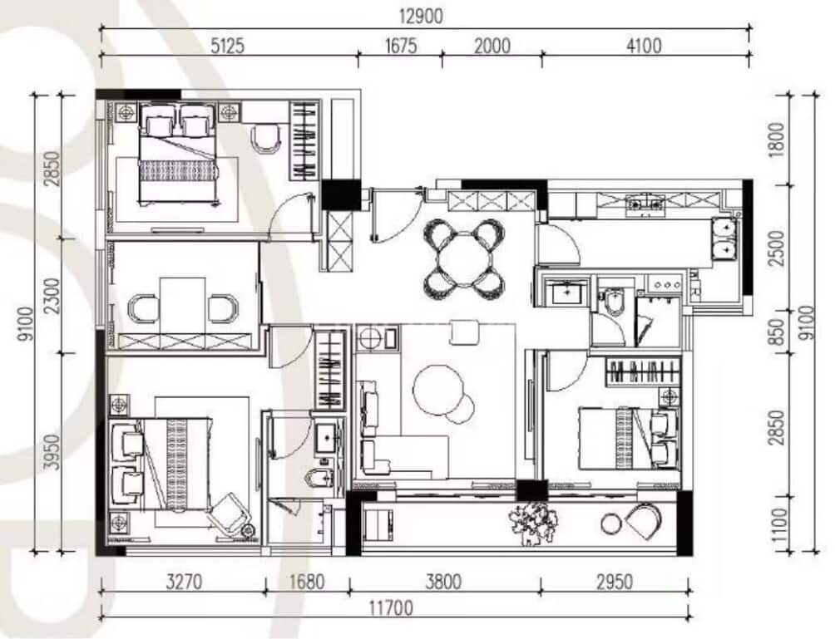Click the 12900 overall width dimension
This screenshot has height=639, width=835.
[421, 17]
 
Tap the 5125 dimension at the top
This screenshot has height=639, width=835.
[227, 46]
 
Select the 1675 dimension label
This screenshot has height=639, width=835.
[401, 46]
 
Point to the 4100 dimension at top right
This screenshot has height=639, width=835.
[644, 46]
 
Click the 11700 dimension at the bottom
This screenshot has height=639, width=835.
[391, 607]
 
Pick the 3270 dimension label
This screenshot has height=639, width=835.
[184, 582]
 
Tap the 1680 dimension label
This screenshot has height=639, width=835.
[307, 582]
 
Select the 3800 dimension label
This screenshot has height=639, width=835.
[443, 582]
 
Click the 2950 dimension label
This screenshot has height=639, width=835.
[615, 582]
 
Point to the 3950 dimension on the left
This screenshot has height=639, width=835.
[52, 452]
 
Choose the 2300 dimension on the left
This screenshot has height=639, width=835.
[52, 297]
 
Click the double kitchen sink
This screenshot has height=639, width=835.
[724, 238]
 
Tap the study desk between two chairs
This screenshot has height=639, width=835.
[183, 305]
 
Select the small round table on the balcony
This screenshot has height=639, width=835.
[610, 523]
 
